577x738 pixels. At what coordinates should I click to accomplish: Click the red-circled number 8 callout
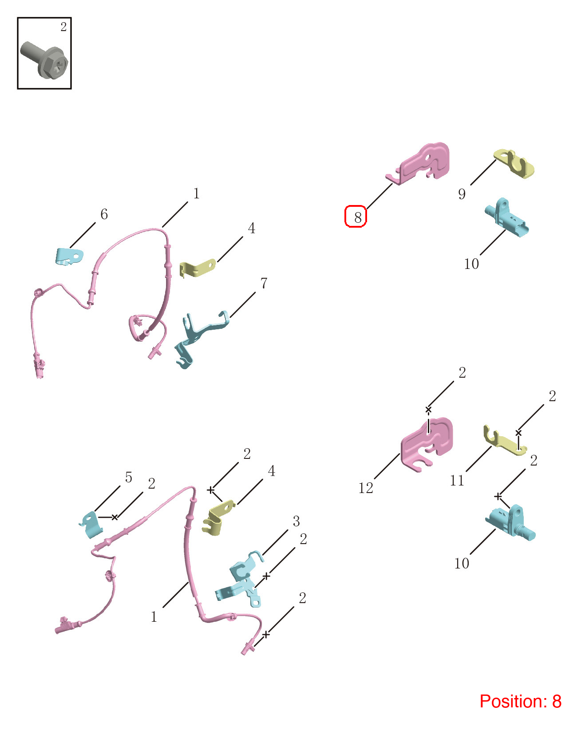pos(358,218)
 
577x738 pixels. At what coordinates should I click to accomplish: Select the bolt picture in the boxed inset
pos(44,60)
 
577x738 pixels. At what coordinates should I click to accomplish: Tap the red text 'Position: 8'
pos(521,701)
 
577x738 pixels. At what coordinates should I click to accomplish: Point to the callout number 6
pos(104,214)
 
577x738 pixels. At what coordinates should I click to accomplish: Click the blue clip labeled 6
pos(69,257)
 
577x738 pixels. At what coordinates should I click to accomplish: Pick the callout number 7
pos(264,283)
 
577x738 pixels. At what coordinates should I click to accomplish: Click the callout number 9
pos(462,194)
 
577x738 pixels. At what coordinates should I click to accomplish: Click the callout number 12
pos(366,488)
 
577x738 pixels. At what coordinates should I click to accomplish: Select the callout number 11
pos(457,481)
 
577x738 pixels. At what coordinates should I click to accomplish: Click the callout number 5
pos(128,477)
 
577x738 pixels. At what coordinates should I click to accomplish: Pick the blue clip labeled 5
pos(91,525)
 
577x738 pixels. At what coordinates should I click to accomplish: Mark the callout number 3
pos(296,521)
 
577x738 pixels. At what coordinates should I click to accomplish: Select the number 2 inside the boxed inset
pos(63,27)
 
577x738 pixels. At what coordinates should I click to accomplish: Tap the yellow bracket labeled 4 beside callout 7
pos(198,268)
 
